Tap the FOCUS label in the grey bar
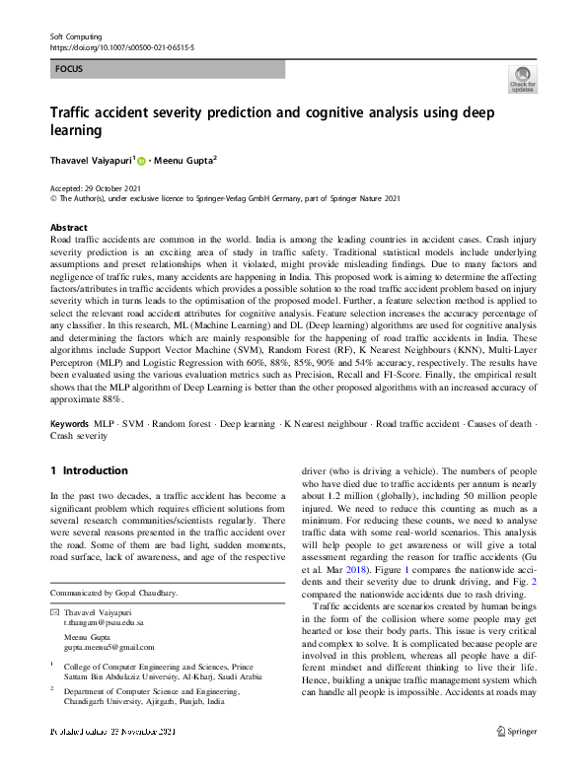(x=69, y=69)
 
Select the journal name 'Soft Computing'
(x=76, y=35)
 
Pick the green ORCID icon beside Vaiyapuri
(x=142, y=160)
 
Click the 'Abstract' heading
(x=68, y=226)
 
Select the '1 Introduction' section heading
(x=89, y=470)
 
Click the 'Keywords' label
(x=69, y=451)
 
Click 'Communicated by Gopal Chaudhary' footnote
(x=113, y=593)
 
